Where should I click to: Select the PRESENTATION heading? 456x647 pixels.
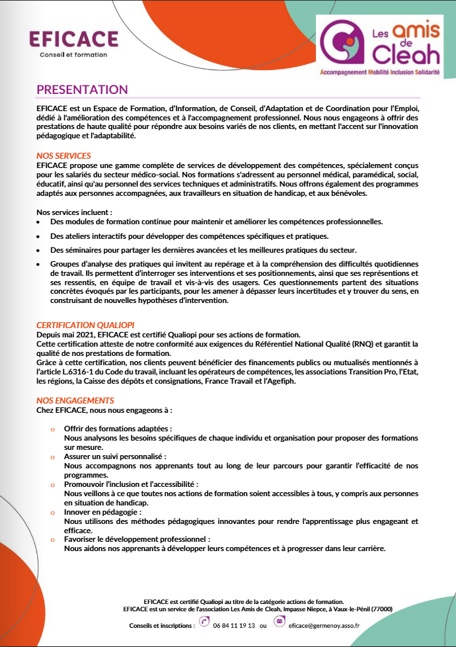click(x=82, y=89)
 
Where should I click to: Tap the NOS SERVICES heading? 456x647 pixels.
click(x=63, y=155)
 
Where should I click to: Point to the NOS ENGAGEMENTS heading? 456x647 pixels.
click(x=75, y=400)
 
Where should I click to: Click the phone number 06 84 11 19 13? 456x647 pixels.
click(x=234, y=625)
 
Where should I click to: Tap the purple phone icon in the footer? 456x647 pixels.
click(x=204, y=622)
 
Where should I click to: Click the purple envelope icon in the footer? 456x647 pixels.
click(x=280, y=622)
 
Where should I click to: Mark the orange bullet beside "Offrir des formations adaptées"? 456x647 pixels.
click(x=52, y=429)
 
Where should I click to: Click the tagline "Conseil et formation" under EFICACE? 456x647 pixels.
click(x=73, y=54)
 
